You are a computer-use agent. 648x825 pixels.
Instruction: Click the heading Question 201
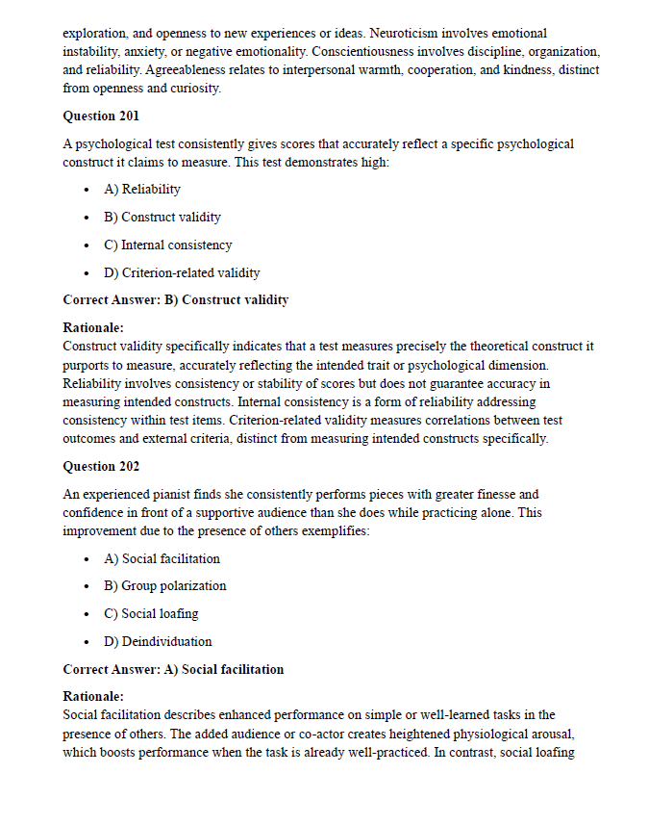click(x=101, y=116)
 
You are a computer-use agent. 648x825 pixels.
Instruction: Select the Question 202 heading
click(x=101, y=466)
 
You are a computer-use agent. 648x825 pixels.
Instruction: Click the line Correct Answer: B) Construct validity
click(x=175, y=299)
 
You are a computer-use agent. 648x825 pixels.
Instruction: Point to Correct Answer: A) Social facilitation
click(x=173, y=669)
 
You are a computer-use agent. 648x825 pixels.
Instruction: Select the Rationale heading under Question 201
click(x=92, y=327)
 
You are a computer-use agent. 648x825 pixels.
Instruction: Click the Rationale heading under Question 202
click(x=92, y=696)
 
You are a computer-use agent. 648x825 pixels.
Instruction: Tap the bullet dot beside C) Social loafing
click(x=87, y=614)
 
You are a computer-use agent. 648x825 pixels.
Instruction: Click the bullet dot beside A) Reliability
click(x=87, y=191)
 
